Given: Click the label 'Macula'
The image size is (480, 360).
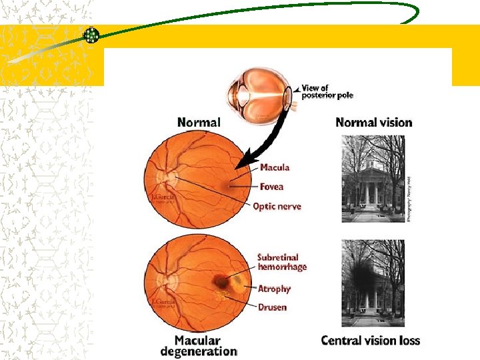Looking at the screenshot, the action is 275,168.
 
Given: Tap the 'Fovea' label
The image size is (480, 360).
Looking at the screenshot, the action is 271,187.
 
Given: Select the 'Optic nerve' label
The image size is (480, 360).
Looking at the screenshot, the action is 277,207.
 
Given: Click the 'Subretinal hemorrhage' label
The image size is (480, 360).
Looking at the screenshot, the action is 282,262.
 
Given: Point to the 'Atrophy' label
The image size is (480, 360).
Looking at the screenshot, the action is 274,289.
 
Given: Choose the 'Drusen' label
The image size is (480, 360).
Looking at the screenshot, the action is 272,307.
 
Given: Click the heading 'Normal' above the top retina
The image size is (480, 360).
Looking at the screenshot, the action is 199,122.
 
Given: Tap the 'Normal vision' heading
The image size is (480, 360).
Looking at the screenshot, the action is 373,122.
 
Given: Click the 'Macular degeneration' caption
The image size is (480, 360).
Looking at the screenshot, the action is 199,345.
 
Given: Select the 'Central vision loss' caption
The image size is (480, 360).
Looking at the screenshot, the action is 370,341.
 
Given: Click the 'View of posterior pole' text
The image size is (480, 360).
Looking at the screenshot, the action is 327,91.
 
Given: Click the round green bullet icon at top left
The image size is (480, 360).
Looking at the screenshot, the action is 91,35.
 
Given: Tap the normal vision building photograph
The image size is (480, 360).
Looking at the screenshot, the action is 373,178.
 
